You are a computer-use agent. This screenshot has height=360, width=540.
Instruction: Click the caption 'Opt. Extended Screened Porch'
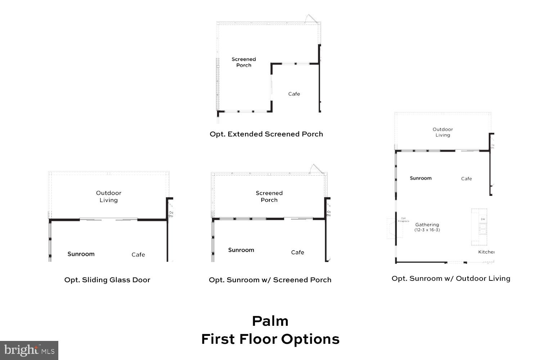point(266,134)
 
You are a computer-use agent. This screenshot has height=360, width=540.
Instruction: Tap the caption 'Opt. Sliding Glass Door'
point(107,280)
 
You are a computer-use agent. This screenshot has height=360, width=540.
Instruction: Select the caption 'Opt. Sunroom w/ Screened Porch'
point(270,280)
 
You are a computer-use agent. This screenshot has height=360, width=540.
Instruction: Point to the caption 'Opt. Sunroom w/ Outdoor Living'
point(451,279)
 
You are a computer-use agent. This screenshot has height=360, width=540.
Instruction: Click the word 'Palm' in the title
point(270,321)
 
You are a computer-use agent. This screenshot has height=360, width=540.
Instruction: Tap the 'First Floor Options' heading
point(270,339)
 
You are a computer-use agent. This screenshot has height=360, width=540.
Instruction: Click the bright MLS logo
point(29,350)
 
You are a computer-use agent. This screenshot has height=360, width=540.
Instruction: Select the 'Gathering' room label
point(427,225)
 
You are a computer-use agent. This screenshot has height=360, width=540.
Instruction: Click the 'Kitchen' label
point(486,252)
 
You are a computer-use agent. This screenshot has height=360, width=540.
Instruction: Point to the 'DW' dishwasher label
point(482,219)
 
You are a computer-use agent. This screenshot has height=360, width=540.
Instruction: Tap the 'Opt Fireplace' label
point(403,220)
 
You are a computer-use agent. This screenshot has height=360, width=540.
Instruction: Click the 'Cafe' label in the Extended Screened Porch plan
point(294,94)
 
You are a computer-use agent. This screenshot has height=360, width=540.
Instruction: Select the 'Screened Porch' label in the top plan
point(244,62)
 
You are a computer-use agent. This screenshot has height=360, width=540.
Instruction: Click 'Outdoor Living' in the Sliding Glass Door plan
point(109,197)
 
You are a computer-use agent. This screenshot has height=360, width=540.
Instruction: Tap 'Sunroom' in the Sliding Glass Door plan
point(81,254)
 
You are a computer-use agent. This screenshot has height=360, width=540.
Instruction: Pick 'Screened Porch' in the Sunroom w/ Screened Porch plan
point(269,197)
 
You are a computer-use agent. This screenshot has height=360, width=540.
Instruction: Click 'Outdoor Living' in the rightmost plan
point(443,132)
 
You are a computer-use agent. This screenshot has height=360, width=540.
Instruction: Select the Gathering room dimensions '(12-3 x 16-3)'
point(427,230)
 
